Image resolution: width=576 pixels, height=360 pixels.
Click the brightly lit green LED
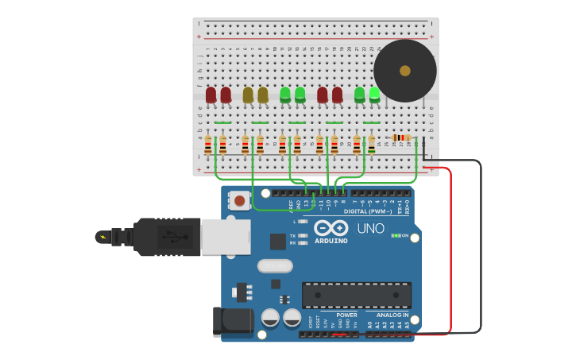[x=374, y=95]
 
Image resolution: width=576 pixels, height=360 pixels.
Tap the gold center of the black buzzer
[x=405, y=71]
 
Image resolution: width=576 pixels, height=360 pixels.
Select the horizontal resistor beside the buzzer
[x=400, y=137]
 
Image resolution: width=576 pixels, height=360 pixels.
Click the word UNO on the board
[x=370, y=228]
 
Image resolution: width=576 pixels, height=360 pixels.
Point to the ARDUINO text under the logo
[x=331, y=241]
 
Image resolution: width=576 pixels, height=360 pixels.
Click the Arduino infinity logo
[x=331, y=227]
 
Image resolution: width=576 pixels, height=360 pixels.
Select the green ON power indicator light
[x=396, y=235]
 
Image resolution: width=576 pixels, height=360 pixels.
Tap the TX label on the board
[x=292, y=235]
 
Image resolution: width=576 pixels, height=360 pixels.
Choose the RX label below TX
[x=292, y=242]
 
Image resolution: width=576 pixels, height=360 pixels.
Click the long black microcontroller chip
[x=356, y=295]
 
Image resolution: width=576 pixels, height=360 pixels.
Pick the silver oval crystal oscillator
[x=275, y=265]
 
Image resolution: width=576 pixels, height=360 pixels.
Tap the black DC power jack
[x=233, y=321]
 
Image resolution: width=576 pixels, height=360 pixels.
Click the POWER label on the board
[x=346, y=315]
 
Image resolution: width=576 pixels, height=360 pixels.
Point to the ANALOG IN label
[x=392, y=315]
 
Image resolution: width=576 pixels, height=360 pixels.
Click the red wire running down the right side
[x=450, y=254]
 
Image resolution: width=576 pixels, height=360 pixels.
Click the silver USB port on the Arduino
[x=226, y=236]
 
